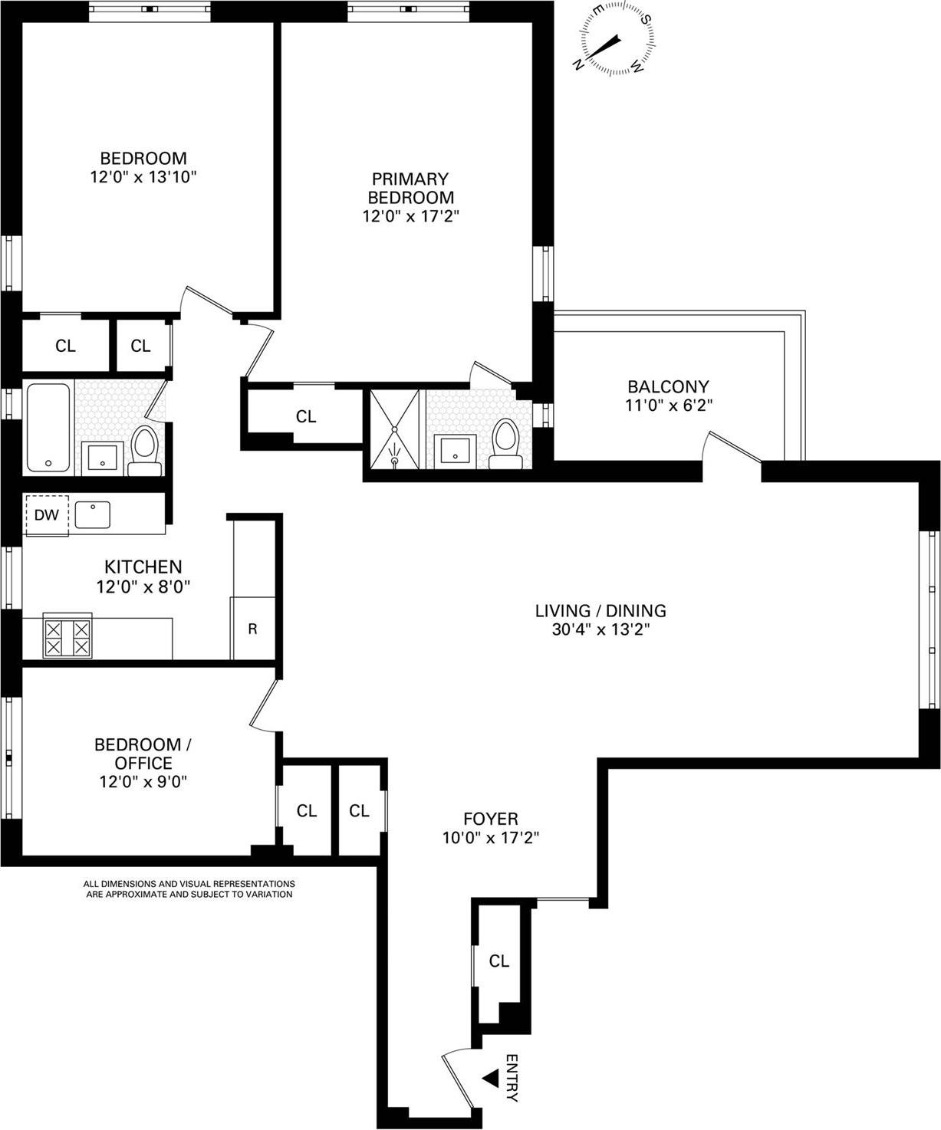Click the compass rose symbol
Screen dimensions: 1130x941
[617, 39]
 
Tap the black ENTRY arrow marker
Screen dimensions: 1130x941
[489, 1079]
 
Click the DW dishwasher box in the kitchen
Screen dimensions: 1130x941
[47, 514]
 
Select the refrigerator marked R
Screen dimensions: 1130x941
[252, 629]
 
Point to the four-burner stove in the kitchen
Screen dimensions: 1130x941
[67, 637]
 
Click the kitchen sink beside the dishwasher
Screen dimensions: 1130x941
[93, 514]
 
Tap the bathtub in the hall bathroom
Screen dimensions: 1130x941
[49, 428]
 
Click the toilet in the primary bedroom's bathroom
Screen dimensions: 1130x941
[505, 444]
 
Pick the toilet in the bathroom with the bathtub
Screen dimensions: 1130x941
[144, 450]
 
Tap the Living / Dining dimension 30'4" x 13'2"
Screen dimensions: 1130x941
[600, 629]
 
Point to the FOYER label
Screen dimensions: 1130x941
[491, 819]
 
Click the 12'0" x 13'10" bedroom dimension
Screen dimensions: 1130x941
[143, 177]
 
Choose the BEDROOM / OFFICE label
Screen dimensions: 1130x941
[143, 754]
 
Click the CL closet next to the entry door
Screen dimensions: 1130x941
[498, 961]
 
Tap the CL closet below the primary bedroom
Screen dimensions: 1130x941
[306, 416]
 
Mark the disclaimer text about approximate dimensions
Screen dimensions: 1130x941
[189, 889]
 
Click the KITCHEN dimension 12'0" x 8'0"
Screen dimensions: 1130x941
[143, 586]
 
